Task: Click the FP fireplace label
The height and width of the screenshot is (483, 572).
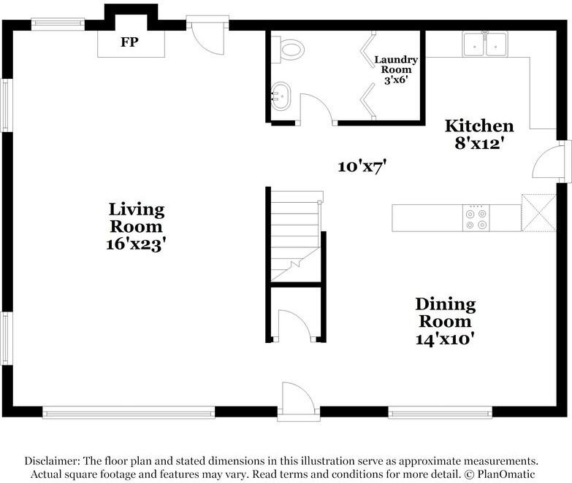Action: pos(129,42)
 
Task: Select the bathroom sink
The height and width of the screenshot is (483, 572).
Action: pos(281,96)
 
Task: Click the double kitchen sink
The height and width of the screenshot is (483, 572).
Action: pos(485,44)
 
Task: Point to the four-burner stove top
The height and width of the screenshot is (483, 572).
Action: pos(476,218)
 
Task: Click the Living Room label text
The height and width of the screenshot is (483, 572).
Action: pos(137,218)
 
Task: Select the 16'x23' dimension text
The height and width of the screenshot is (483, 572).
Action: pos(137,244)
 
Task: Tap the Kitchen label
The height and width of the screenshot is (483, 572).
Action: pos(479,126)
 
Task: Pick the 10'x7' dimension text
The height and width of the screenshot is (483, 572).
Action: pos(362,167)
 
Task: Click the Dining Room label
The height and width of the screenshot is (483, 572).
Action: pos(446,312)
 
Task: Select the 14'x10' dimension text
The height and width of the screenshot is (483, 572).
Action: pos(446,339)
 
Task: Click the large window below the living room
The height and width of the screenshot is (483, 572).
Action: pos(129,413)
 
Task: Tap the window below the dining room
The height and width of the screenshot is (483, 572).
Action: pos(440,413)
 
